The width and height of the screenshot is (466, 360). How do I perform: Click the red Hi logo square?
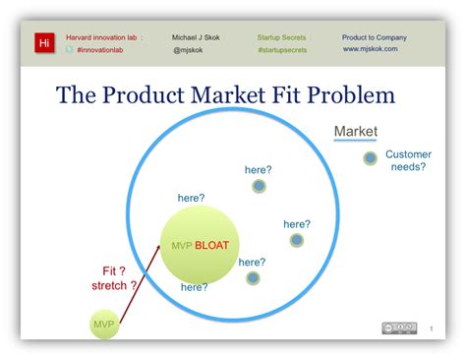[x=43, y=43]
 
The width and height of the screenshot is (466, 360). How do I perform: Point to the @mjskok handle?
[x=188, y=48]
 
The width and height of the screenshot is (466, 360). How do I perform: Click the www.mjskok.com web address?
[x=371, y=48]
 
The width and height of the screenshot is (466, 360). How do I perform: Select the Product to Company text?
[x=374, y=37]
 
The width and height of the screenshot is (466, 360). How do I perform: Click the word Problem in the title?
[x=344, y=95]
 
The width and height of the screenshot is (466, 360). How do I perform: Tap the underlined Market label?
[x=356, y=132]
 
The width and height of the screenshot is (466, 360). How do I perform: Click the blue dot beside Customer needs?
[x=370, y=157]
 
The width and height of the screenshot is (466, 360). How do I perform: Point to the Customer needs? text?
[x=406, y=160]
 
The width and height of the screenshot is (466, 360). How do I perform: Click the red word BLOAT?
[x=213, y=245]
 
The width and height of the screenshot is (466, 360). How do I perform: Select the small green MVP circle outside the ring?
[x=103, y=324]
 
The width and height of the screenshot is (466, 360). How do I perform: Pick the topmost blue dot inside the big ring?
[x=259, y=186]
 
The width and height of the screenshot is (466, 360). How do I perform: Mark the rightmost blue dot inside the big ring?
[x=297, y=240]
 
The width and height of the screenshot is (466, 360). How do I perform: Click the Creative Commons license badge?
[x=397, y=328]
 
